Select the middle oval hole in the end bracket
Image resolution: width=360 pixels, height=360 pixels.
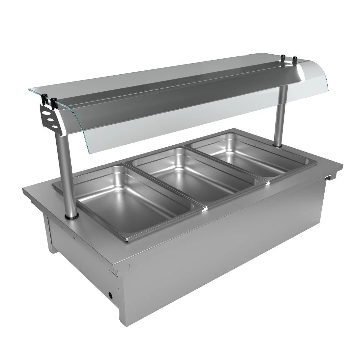click(51, 119)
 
